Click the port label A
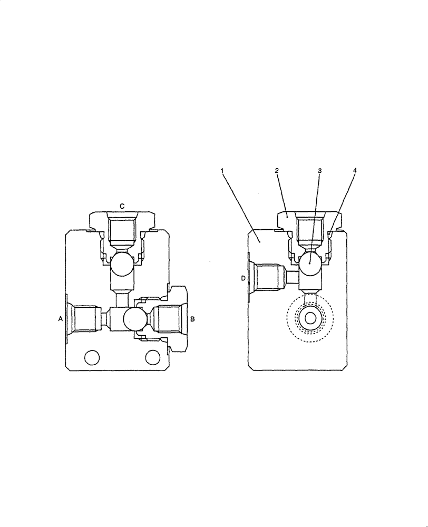pyautogui.click(x=61, y=318)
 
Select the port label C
pyautogui.click(x=122, y=207)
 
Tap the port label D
pyautogui.click(x=243, y=278)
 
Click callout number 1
pyautogui.click(x=222, y=171)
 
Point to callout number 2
pyautogui.click(x=277, y=171)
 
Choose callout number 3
pyautogui.click(x=319, y=171)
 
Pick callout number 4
pyautogui.click(x=354, y=171)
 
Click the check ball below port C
pyautogui.click(x=121, y=263)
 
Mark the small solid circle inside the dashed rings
pyautogui.click(x=310, y=318)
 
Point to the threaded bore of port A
pyautogui.click(x=84, y=319)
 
